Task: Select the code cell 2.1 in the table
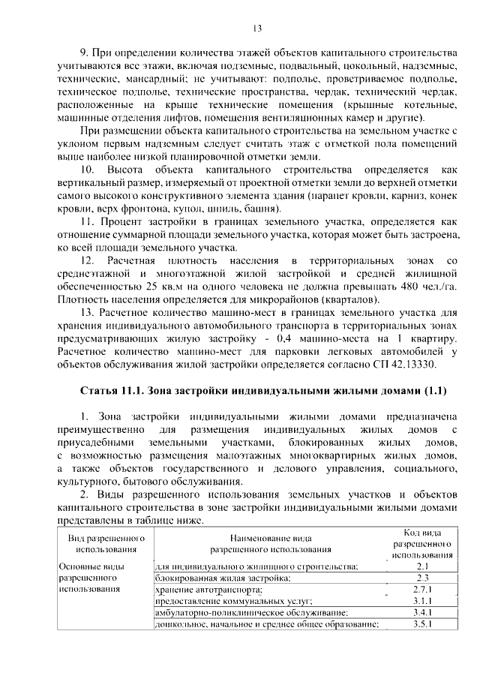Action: click(x=422, y=566)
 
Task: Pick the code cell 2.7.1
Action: click(x=422, y=590)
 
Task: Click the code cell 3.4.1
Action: click(x=422, y=614)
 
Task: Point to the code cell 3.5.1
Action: click(x=422, y=626)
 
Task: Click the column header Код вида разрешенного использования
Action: click(x=422, y=544)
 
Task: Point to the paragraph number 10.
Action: click(x=88, y=171)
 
